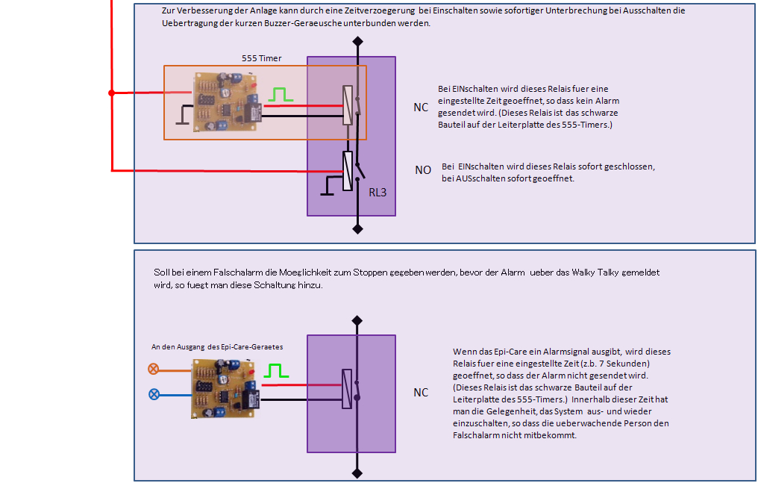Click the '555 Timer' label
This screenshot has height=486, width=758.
pos(261,57)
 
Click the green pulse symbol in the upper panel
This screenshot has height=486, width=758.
pos(279,95)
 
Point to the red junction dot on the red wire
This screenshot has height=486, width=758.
pos(112,93)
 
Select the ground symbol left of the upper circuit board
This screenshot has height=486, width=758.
pos(182,116)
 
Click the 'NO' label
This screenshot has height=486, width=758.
pos(423,170)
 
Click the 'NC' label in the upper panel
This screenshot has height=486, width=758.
pos(421,108)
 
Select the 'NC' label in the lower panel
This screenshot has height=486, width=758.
pos(421,393)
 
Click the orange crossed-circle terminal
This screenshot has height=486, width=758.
pos(154,369)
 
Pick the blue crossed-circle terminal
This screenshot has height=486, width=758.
pos(154,394)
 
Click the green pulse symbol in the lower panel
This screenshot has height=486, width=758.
pos(278,370)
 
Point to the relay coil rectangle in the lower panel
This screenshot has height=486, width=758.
pos(346,389)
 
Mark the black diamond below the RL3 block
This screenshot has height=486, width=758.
pos(357,228)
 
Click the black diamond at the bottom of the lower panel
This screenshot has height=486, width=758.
pos(357,472)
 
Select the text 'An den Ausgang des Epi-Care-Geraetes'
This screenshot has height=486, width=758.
pos(216,347)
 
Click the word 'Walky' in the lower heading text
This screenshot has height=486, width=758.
pos(610,273)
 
